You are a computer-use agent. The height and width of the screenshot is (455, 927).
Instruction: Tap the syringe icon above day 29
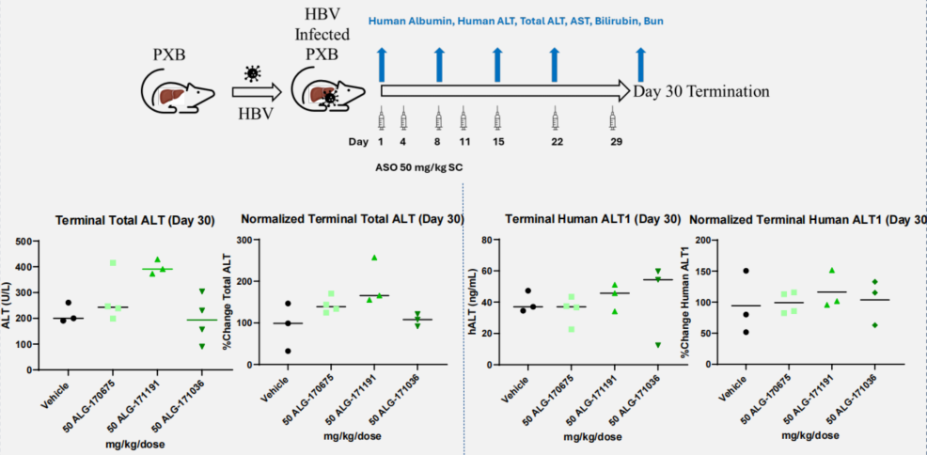point(613,119)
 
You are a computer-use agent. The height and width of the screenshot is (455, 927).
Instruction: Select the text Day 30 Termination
point(701,91)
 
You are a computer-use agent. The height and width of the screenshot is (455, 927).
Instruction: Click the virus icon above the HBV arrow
point(251,72)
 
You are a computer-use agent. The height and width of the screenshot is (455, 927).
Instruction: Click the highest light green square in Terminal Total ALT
point(113,263)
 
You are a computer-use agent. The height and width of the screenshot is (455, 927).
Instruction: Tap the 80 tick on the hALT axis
point(489,241)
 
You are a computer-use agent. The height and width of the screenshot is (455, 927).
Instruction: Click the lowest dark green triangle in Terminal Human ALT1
point(657,345)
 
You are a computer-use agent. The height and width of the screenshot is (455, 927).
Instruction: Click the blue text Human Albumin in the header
point(410,20)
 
